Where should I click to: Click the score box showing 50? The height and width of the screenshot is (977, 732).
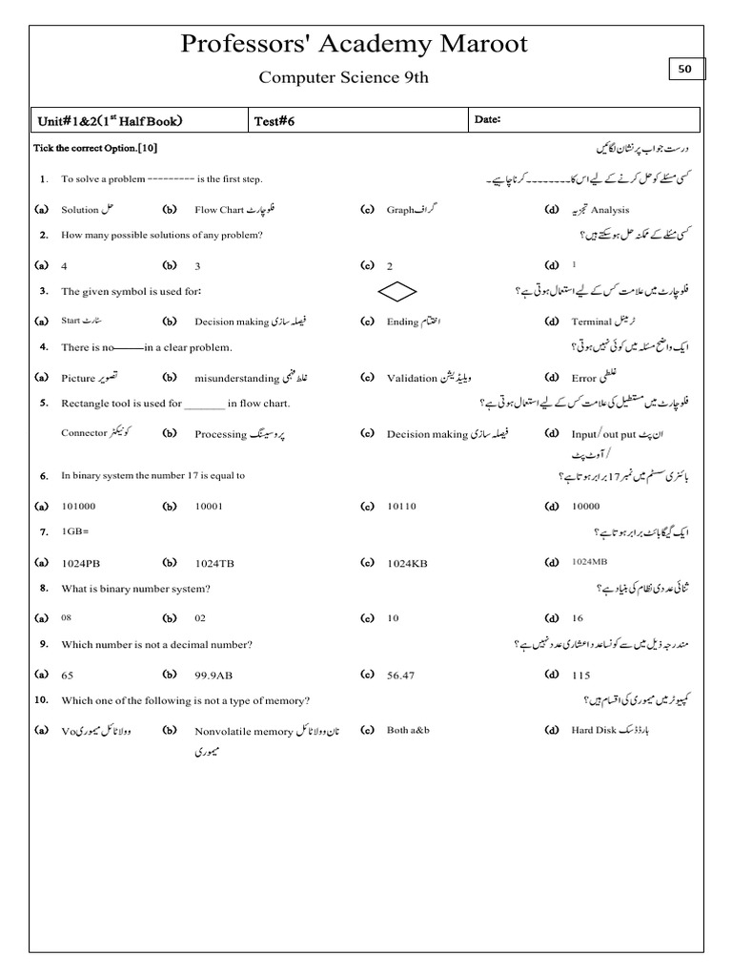pyautogui.click(x=685, y=69)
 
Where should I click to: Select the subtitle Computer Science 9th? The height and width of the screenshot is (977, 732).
pyautogui.click(x=344, y=77)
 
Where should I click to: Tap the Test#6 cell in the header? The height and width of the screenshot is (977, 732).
pyautogui.click(x=274, y=120)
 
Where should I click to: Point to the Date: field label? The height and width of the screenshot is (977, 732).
pyautogui.click(x=487, y=119)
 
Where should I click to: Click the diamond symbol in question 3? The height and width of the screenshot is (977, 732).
pyautogui.click(x=399, y=290)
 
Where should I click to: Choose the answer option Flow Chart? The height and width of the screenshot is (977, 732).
pyautogui.click(x=219, y=210)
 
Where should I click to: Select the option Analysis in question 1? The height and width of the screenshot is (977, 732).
pyautogui.click(x=610, y=210)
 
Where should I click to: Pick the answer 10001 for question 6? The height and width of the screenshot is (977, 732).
pyautogui.click(x=209, y=507)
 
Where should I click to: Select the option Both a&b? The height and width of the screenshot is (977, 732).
pyautogui.click(x=408, y=730)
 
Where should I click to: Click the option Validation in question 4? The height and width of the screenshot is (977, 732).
pyautogui.click(x=412, y=378)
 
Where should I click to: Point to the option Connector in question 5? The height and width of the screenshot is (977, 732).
pyautogui.click(x=85, y=432)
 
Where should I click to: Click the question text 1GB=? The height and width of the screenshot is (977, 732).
pyautogui.click(x=75, y=530)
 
